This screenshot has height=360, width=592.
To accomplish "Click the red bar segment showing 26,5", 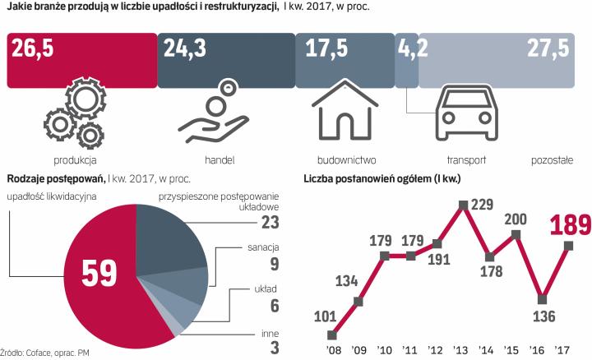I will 82,59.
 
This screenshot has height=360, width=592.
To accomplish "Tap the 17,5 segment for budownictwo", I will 344,59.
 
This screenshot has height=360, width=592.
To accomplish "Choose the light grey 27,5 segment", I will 497,59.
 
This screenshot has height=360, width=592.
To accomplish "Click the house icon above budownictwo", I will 345,114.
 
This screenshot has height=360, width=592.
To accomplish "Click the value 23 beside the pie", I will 268,222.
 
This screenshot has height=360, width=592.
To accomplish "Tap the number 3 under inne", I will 274,348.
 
